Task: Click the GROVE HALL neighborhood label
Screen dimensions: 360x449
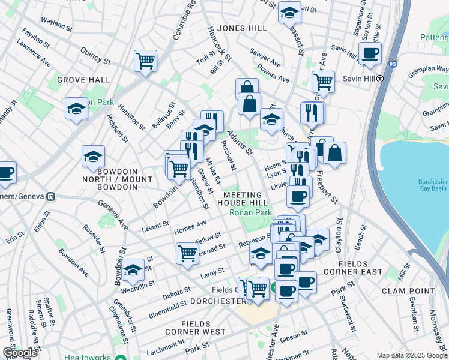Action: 83,79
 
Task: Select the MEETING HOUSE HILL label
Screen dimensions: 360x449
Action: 243,199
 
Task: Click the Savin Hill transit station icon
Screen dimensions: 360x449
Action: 380,79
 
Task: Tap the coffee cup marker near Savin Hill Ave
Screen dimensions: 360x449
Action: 370,52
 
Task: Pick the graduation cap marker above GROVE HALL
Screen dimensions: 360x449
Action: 76,108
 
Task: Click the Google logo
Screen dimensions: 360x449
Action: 20,353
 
